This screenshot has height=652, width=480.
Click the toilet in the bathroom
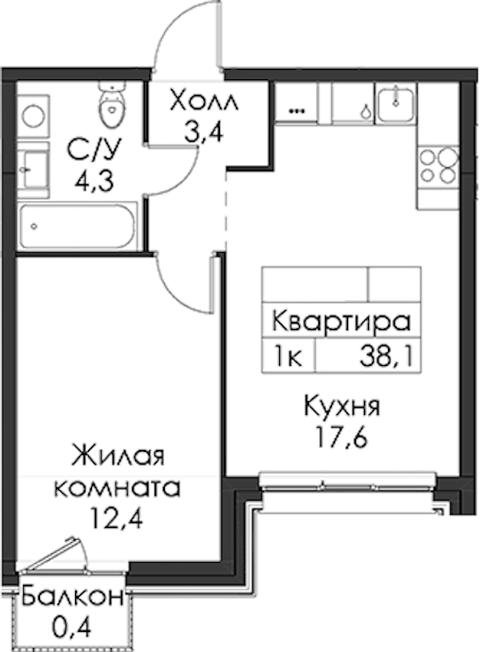click(111, 104)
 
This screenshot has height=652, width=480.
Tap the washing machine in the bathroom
click(34, 115)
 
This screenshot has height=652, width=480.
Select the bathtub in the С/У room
click(78, 226)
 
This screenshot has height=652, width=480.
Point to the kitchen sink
click(395, 103)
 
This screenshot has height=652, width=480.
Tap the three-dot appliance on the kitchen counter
click(297, 111)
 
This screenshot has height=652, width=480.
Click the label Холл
click(204, 101)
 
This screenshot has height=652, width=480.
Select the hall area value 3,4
click(205, 133)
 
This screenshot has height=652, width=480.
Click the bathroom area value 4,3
click(94, 181)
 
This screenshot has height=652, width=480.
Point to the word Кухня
click(342, 406)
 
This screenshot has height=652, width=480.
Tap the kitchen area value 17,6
click(342, 437)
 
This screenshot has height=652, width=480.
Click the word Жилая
click(118, 455)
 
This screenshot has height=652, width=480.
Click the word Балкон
click(73, 597)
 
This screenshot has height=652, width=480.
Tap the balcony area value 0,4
click(72, 627)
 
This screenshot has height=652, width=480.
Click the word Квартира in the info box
click(342, 322)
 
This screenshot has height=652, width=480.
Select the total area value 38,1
click(387, 356)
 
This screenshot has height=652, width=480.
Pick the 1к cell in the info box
click(287, 356)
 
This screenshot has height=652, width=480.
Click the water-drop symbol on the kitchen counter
click(366, 111)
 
